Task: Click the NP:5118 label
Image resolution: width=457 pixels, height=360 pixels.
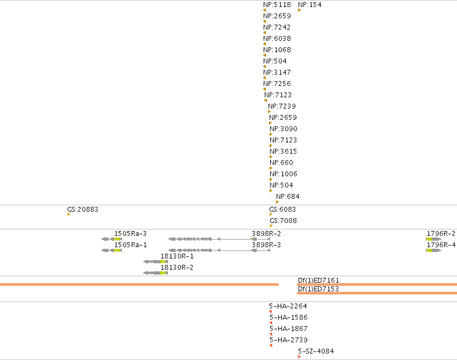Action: [x=277, y=5]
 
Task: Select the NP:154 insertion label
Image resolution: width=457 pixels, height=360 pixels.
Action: [x=309, y=5]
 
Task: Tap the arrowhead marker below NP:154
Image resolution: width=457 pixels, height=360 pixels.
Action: [x=299, y=11]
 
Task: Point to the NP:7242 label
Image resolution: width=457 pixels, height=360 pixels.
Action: [x=277, y=27]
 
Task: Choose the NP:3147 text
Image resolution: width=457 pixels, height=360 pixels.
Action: [x=277, y=73]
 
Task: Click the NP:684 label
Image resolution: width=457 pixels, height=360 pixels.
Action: [x=288, y=197]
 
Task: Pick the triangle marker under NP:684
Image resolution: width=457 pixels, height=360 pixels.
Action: [x=277, y=202]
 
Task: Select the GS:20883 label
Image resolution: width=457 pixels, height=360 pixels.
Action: [x=83, y=210]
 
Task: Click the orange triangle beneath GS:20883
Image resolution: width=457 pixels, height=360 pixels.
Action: [x=69, y=215]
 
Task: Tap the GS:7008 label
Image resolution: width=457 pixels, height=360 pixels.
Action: [x=284, y=221]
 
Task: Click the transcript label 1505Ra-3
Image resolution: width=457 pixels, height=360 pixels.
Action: [x=130, y=234]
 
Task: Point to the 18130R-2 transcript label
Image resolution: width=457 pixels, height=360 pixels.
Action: [x=177, y=268]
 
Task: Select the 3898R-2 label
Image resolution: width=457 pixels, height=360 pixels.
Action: [x=266, y=234]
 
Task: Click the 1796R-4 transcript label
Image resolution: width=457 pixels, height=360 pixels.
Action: [x=441, y=245]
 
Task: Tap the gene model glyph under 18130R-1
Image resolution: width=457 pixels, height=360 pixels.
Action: [x=156, y=262]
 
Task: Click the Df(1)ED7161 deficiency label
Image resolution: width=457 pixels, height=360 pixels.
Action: [x=318, y=280]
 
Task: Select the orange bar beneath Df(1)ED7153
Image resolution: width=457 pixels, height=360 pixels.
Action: [x=377, y=293]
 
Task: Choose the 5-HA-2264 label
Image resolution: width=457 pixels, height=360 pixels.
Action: [x=288, y=306]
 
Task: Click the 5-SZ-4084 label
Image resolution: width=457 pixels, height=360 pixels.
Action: [x=316, y=351]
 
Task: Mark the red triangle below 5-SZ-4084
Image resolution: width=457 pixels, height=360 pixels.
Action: [x=299, y=357]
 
